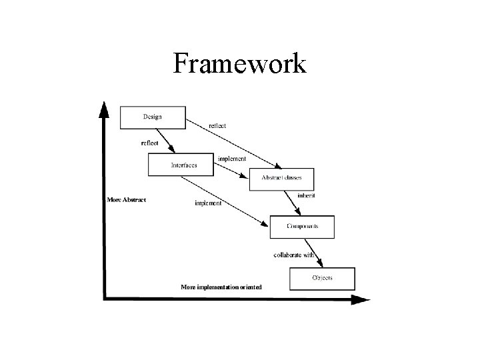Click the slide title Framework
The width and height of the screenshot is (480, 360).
tap(239, 64)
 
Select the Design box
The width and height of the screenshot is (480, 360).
tap(152, 117)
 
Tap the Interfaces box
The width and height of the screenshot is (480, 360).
tap(180, 165)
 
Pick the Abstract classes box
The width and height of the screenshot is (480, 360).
tap(281, 179)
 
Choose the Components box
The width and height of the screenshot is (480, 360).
tap(302, 227)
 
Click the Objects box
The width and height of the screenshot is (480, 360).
tap(322, 278)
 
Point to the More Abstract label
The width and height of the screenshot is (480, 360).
tap(127, 199)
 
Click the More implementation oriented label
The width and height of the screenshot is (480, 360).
tap(221, 287)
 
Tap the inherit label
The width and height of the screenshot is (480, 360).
tap(306, 196)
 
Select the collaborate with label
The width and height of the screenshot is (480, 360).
tap(294, 255)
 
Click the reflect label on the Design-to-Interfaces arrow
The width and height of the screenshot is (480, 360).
tap(150, 143)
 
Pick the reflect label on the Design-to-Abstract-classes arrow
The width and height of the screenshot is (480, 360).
tap(217, 126)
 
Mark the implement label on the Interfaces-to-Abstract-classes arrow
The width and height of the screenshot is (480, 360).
tap(232, 159)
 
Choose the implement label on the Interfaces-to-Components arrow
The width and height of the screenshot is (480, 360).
tap(208, 203)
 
